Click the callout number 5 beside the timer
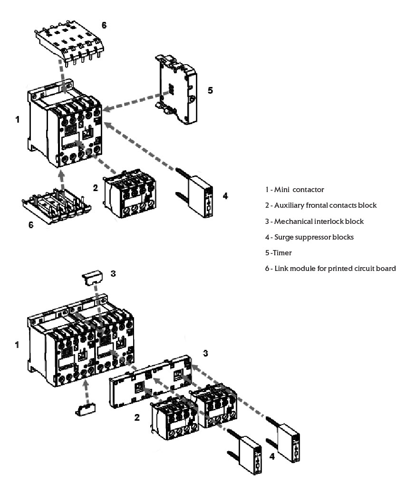[210, 90]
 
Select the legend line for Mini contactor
[295, 190]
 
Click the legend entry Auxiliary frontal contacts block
[321, 205]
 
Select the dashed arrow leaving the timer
[131, 103]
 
